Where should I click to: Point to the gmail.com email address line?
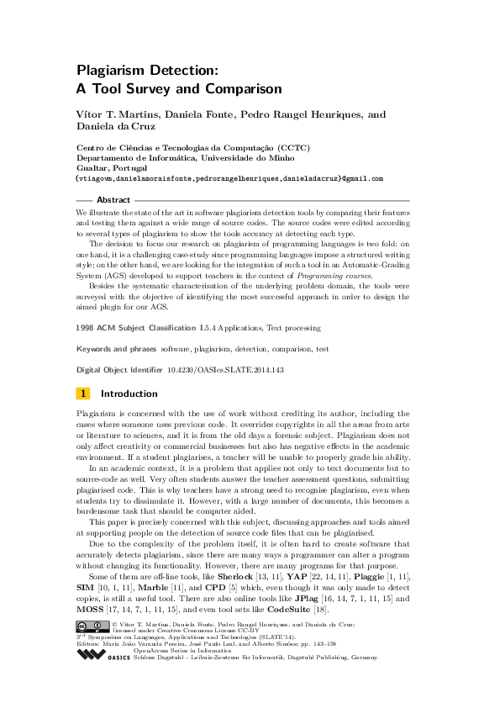(x=229, y=179)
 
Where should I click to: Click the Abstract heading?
(x=113, y=200)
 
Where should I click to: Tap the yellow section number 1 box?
(x=83, y=393)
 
